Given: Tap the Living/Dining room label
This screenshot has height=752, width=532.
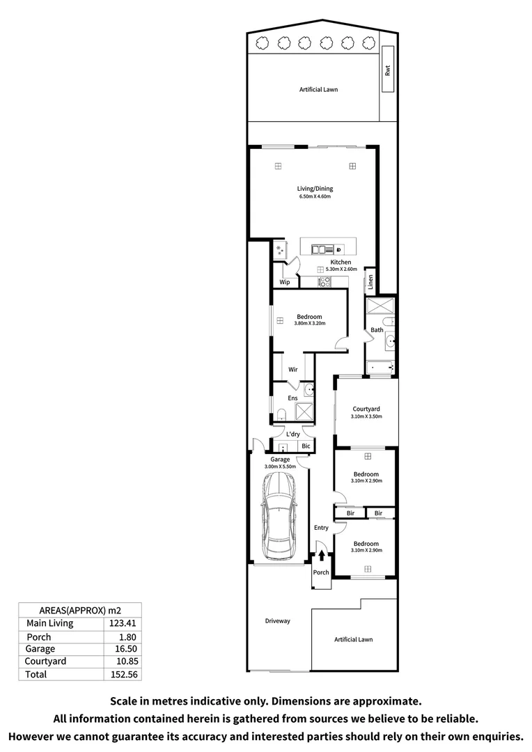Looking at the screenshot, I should click(315, 189).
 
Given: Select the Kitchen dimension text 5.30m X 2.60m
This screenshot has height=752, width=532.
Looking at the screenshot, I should click(341, 269).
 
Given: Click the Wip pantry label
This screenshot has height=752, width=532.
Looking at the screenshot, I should click(284, 282).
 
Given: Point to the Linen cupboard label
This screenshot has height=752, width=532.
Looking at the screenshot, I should click(370, 281).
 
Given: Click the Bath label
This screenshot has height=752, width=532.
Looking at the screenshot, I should click(377, 330).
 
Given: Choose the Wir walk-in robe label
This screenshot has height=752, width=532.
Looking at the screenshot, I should click(293, 370).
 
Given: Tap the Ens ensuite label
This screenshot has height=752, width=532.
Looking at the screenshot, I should click(293, 398).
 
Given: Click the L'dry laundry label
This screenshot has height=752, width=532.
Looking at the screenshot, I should click(293, 434).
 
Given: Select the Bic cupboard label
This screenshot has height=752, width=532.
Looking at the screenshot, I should click(305, 446).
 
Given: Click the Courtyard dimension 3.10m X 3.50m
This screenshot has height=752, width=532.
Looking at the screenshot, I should click(366, 417).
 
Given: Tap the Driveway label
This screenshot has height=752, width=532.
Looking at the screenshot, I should click(277, 621).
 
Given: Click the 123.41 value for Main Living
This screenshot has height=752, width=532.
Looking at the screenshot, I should click(122, 623).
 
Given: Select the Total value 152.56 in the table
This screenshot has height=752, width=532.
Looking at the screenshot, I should click(122, 674).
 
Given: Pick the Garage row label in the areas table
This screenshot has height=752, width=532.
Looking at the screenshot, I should click(40, 648).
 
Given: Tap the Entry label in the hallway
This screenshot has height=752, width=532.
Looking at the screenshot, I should click(321, 528).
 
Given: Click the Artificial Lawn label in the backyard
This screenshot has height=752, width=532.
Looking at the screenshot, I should click(318, 90).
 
